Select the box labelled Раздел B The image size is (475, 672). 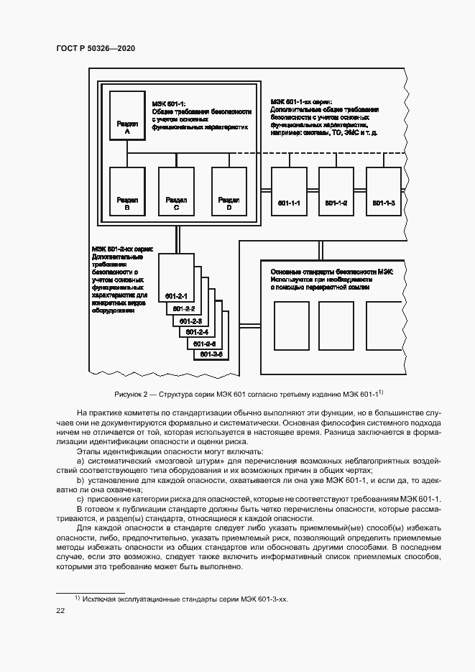point(126,191)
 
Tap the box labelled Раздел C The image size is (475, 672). point(176,191)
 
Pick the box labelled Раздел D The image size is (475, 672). point(229,191)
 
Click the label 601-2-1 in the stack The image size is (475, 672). point(175,296)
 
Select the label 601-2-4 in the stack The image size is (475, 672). point(197,332)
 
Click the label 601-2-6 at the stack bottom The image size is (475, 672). point(212,354)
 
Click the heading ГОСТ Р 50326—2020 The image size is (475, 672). point(96,48)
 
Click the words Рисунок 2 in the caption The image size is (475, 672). point(132,394)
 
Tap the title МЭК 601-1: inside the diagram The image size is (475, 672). point(169,103)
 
